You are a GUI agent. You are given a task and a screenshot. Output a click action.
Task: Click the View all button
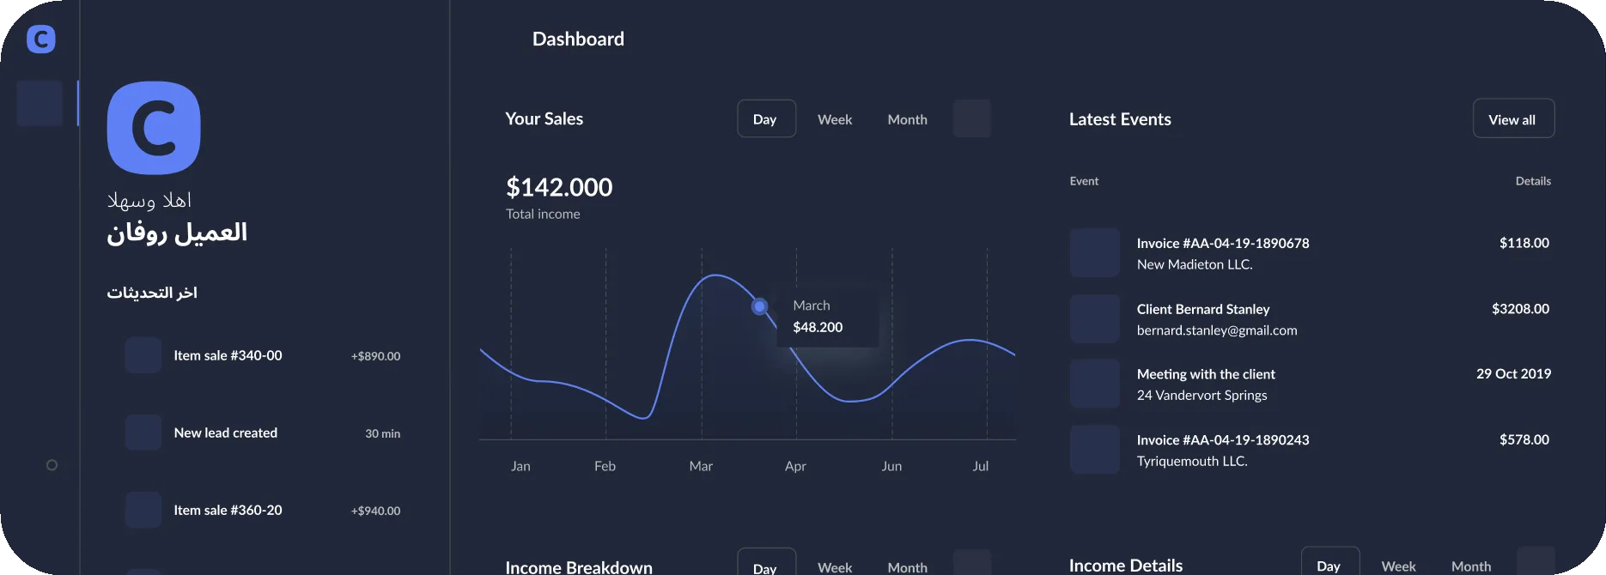point(1513,118)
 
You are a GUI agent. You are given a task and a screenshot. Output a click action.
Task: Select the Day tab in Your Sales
point(766,118)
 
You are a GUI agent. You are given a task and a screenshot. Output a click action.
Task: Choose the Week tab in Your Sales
point(835,119)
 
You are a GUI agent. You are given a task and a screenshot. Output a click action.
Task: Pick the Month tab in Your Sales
point(907,119)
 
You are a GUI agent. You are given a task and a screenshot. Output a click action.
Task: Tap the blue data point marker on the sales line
point(759,306)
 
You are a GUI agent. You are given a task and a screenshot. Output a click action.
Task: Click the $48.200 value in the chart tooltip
point(818,327)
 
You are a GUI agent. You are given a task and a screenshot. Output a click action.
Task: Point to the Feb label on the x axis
point(605,466)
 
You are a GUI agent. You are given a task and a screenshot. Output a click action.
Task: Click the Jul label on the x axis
point(980,466)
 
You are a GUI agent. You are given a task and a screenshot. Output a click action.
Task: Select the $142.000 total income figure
point(559,187)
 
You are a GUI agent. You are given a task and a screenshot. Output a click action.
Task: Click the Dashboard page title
point(578,39)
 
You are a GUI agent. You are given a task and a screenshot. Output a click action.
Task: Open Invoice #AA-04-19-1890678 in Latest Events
point(1223,243)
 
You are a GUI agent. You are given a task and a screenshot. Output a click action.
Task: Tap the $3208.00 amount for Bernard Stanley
point(1520,309)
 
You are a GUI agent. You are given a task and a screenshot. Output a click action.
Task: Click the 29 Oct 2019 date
point(1513,373)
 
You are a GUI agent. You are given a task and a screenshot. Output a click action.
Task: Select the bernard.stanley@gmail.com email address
point(1217,330)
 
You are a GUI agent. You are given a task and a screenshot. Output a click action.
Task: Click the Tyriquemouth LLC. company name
point(1192,461)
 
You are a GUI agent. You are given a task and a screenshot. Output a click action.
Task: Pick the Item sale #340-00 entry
point(228,355)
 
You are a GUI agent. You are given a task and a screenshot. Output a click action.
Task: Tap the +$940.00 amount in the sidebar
point(375,511)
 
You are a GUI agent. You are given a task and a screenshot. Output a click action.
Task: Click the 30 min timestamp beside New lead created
point(382,433)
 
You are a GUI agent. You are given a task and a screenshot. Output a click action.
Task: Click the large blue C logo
point(154,128)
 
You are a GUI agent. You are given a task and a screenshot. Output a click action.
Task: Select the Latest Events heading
point(1120,119)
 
